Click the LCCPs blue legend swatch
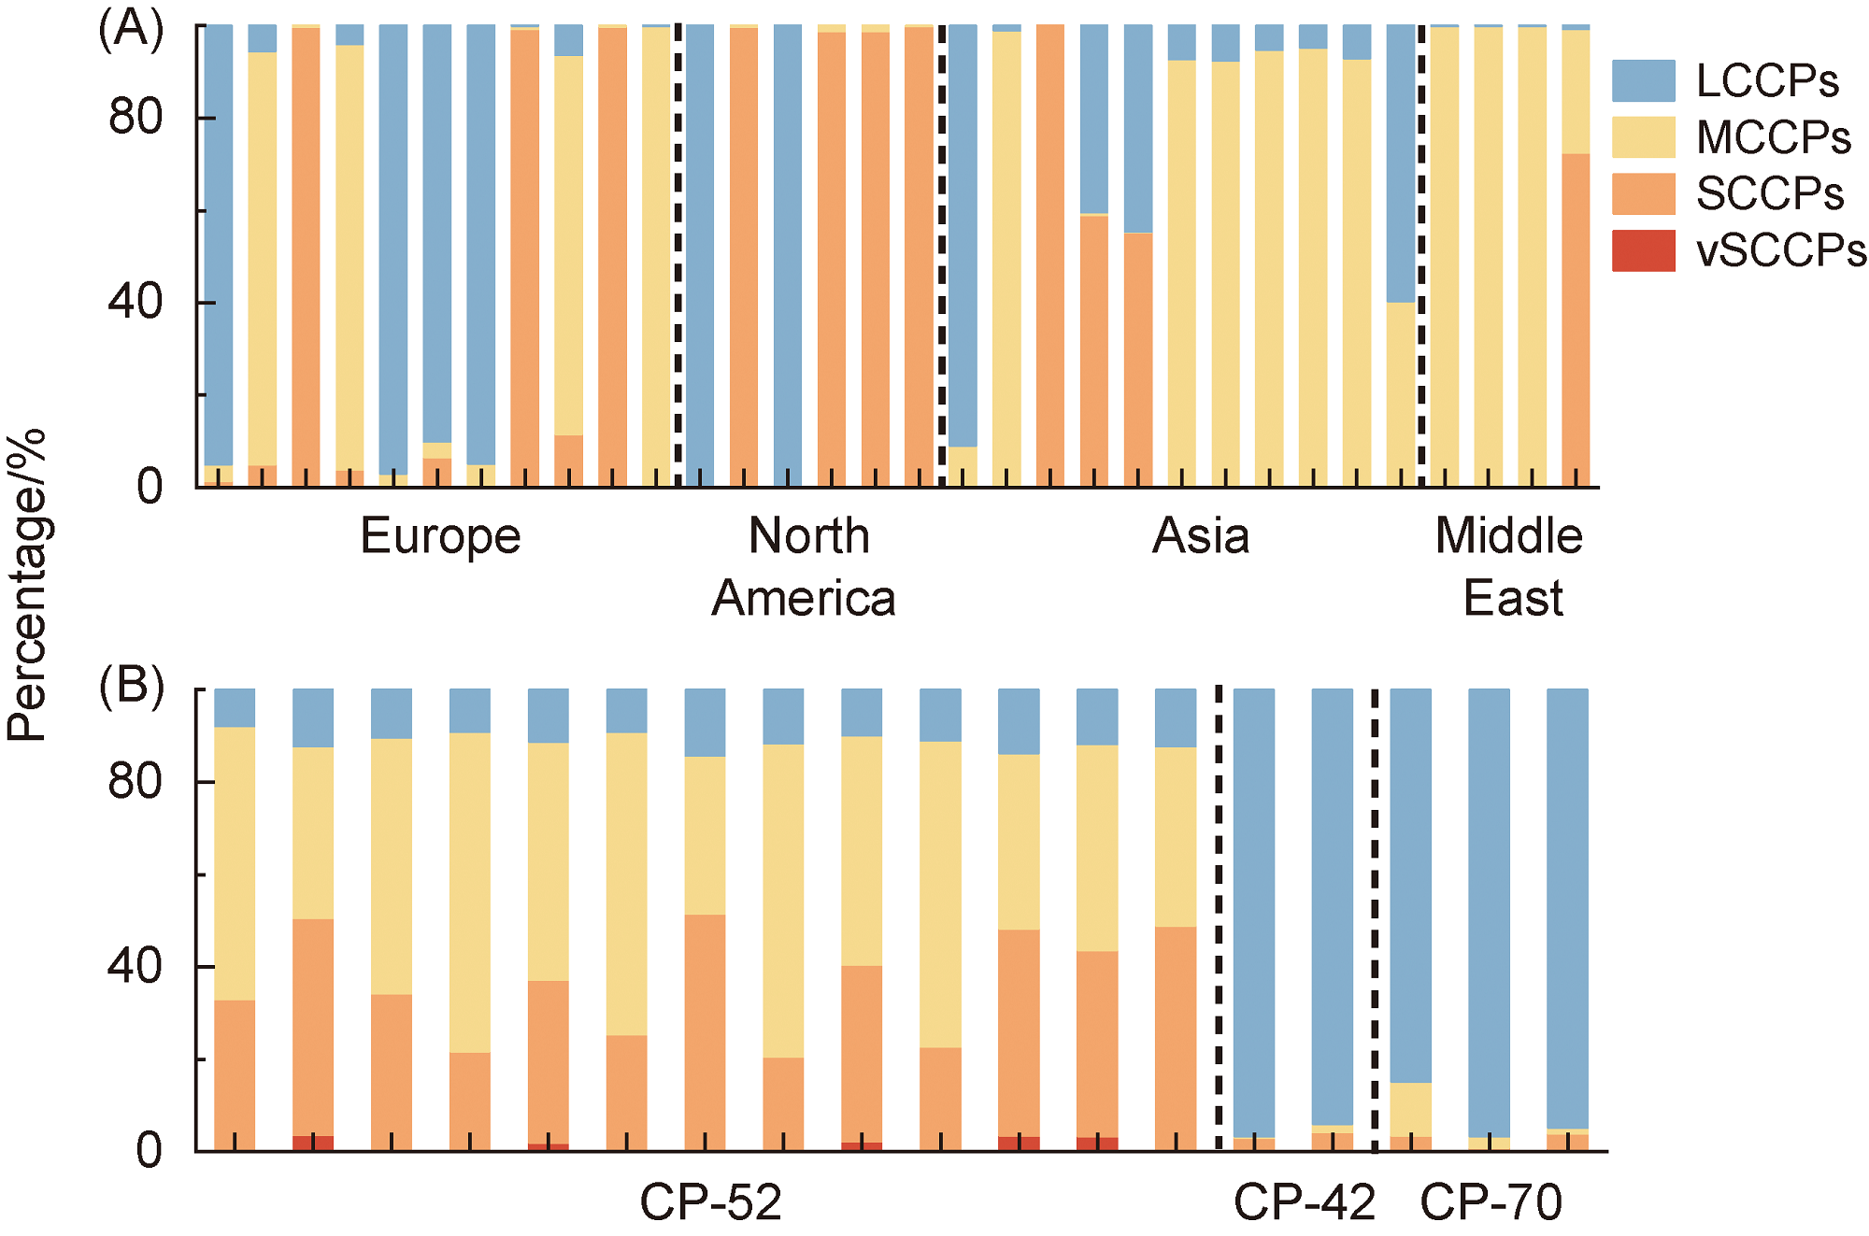point(1643,80)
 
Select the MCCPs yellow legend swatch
point(1643,137)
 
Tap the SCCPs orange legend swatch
point(1643,193)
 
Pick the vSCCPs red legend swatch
point(1643,250)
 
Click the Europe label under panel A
point(440,537)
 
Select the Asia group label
point(1201,537)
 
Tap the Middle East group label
point(1510,567)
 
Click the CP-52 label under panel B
point(710,1202)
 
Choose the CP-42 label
point(1305,1202)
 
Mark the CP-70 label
point(1491,1202)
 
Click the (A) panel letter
point(131,29)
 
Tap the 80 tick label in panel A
point(136,118)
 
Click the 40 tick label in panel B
point(136,966)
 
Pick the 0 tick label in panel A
point(150,487)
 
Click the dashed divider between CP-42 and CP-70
point(1375,920)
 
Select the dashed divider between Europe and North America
point(678,255)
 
